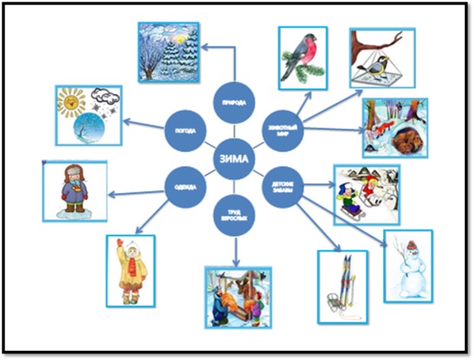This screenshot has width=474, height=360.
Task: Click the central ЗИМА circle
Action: (x=234, y=159)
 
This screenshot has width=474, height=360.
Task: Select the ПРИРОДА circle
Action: (x=233, y=104)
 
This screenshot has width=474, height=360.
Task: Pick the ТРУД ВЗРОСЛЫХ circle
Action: (x=234, y=214)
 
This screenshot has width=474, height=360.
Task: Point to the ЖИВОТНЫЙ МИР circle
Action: (x=281, y=127)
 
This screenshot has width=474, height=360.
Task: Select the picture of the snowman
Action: (x=408, y=264)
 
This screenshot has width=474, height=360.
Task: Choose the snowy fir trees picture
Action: (x=169, y=51)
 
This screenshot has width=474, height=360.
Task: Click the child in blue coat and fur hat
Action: (x=74, y=191)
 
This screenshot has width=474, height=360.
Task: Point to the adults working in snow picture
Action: (x=238, y=295)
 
